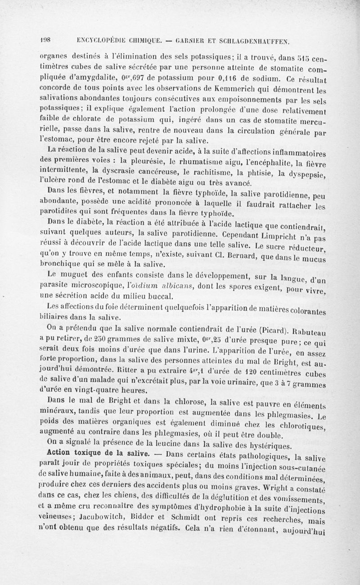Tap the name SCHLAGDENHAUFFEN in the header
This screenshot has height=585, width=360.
pos(254,40)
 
